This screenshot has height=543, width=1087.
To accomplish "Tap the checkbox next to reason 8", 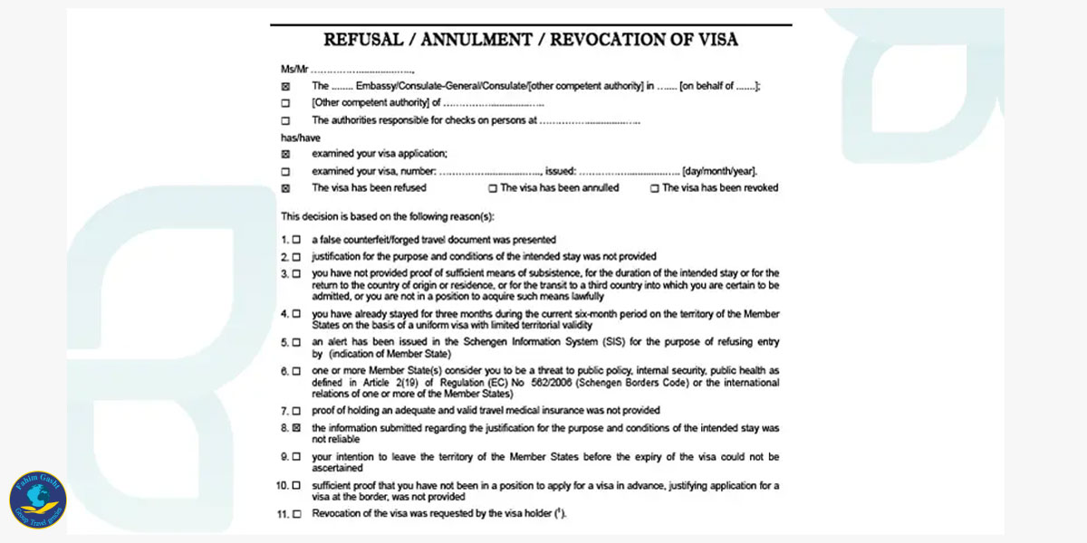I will (x=296, y=427).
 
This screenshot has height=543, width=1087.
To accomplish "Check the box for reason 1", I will (x=296, y=240).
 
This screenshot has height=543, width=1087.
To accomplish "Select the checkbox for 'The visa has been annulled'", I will (x=493, y=188).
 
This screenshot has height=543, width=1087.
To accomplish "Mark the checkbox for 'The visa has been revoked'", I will (x=654, y=188).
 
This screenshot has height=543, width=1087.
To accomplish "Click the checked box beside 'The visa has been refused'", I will (x=286, y=188).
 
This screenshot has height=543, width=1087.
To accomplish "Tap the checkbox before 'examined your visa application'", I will (x=286, y=154).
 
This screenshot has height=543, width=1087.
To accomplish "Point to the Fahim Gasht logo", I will (x=38, y=500).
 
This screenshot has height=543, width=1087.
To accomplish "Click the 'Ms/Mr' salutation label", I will (x=295, y=70).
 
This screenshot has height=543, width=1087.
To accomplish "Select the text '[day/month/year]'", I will (x=720, y=171).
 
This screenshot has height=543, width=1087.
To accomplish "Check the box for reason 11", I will (x=296, y=514).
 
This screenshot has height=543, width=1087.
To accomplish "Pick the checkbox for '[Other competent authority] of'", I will (x=286, y=103).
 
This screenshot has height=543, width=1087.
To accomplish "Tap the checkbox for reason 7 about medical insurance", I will (x=296, y=410).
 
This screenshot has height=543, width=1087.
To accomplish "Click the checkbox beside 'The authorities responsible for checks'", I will (x=286, y=120).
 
